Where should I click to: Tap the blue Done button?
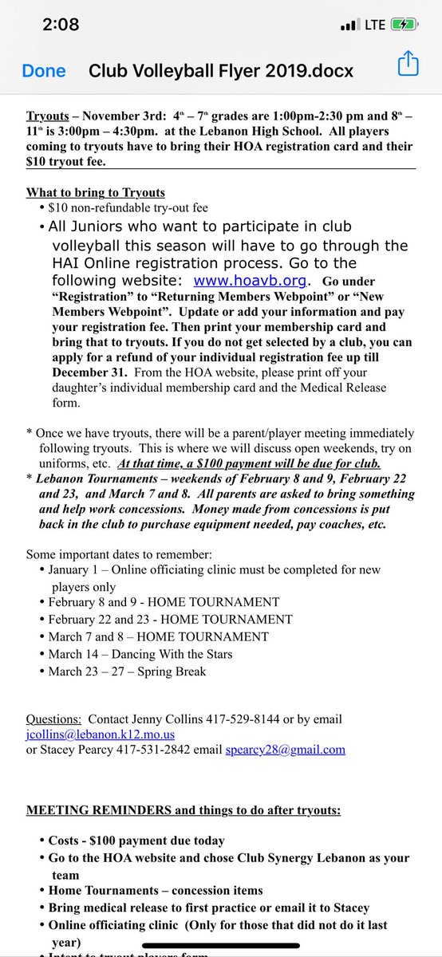[x=44, y=71]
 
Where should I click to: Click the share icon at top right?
[x=407, y=64]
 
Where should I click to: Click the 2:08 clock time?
[x=60, y=25]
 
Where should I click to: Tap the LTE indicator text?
[x=375, y=25]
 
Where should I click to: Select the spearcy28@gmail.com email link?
[x=285, y=749]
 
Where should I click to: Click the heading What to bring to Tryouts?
[x=97, y=192]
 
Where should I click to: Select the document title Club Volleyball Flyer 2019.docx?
[x=220, y=71]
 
